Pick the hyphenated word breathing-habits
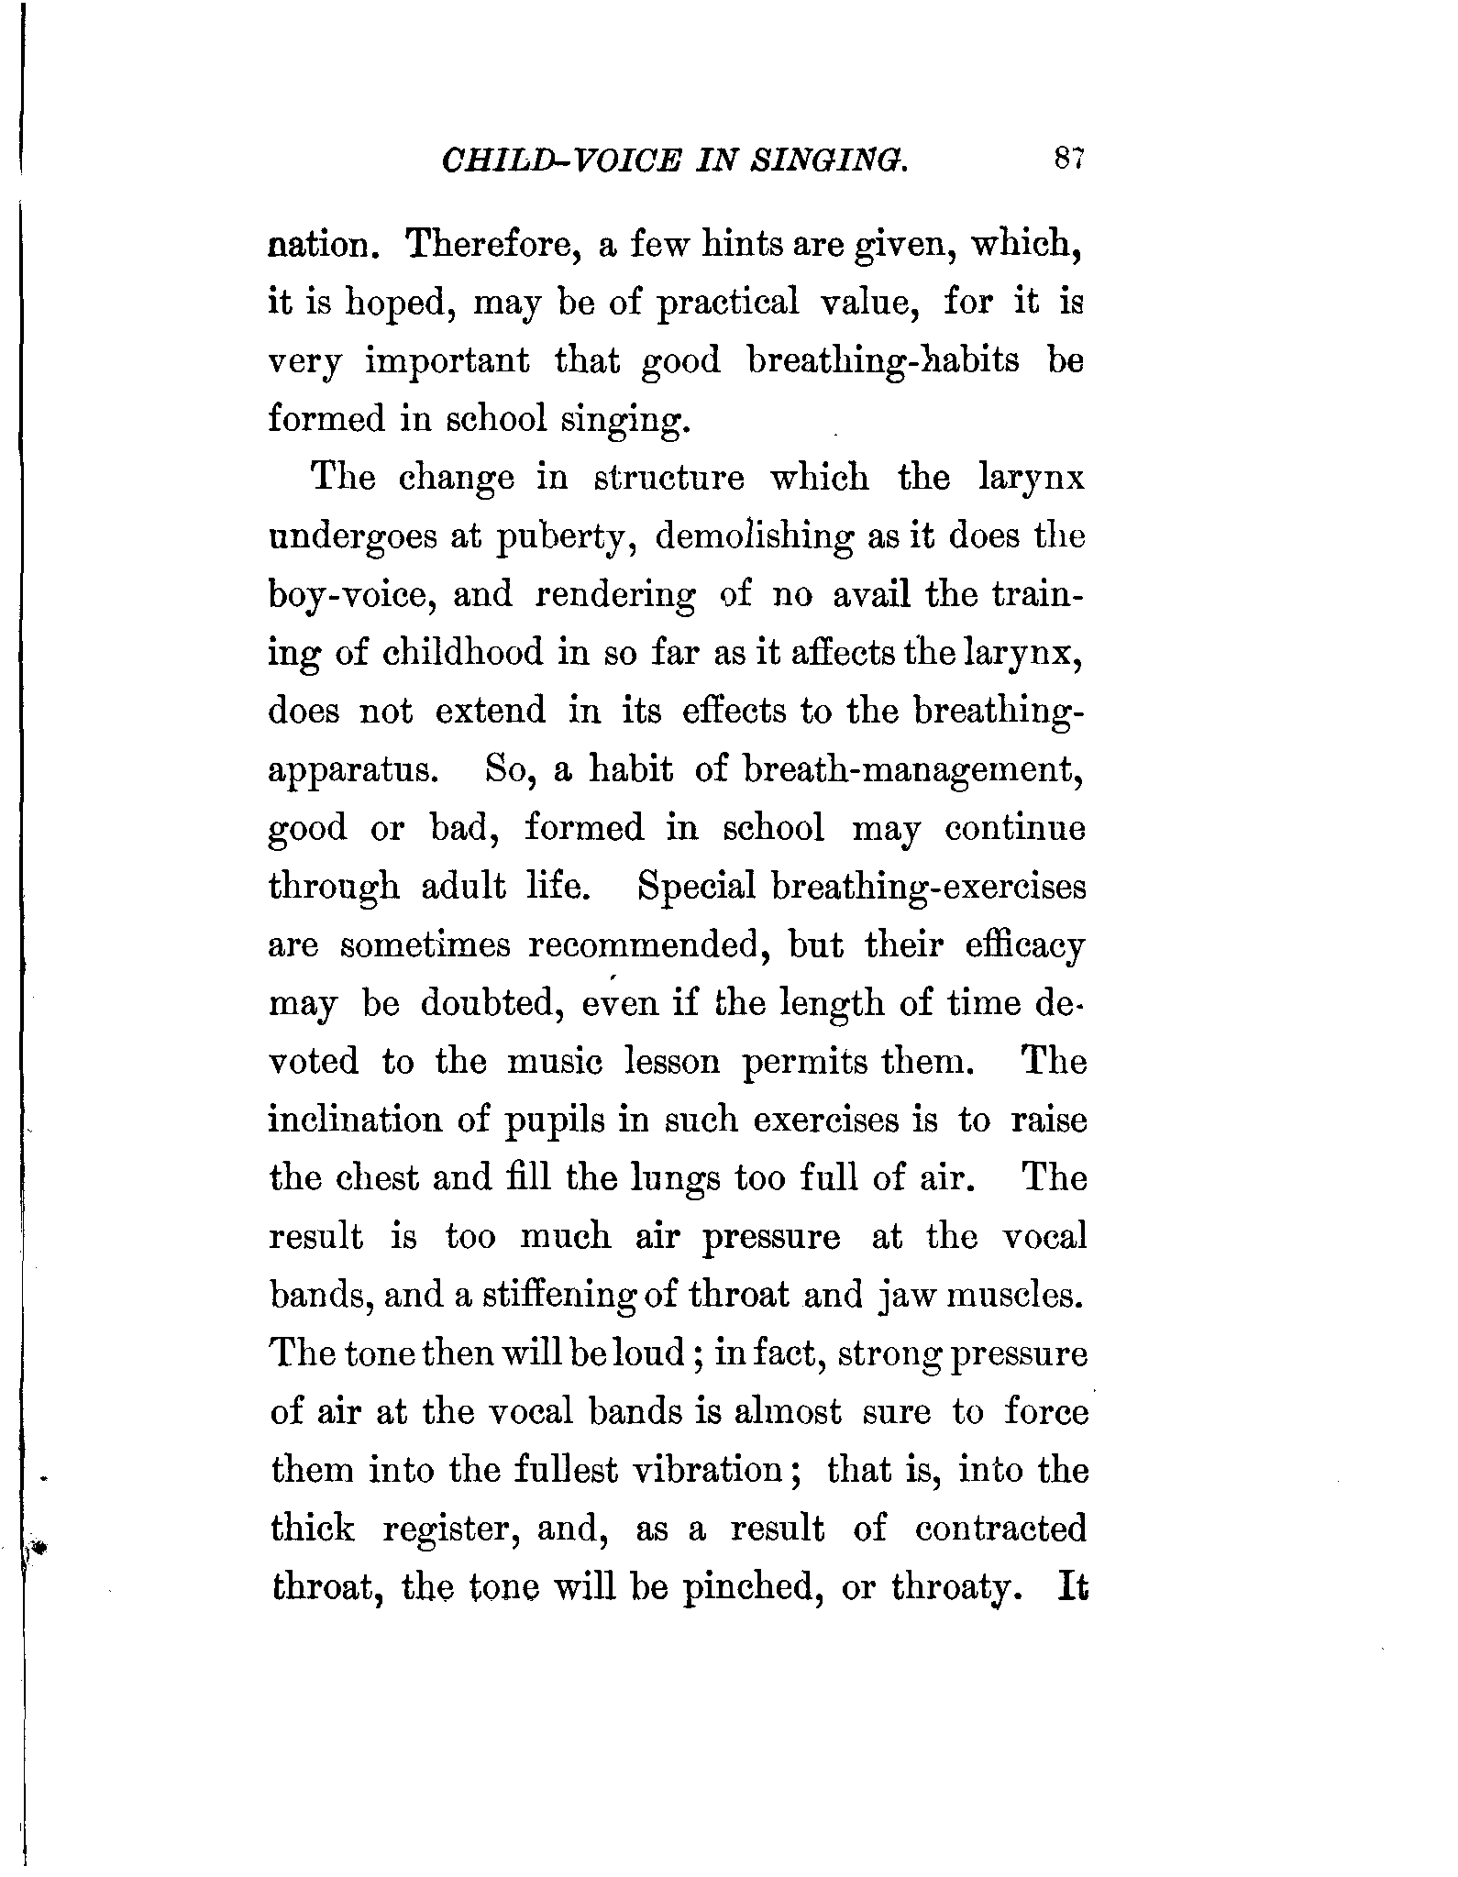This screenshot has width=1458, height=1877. pos(883,360)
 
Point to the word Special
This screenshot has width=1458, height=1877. pos(697,887)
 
